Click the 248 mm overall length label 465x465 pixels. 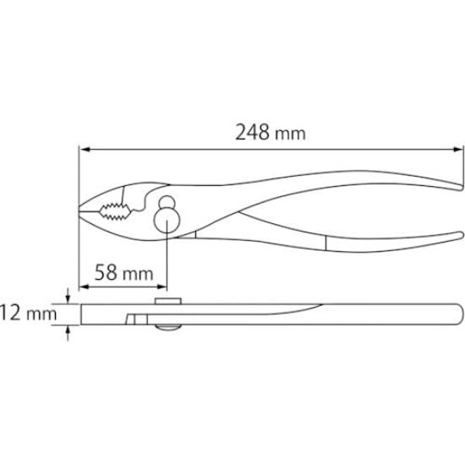pyautogui.click(x=270, y=133)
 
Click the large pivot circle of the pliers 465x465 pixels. pyautogui.click(x=167, y=222)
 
